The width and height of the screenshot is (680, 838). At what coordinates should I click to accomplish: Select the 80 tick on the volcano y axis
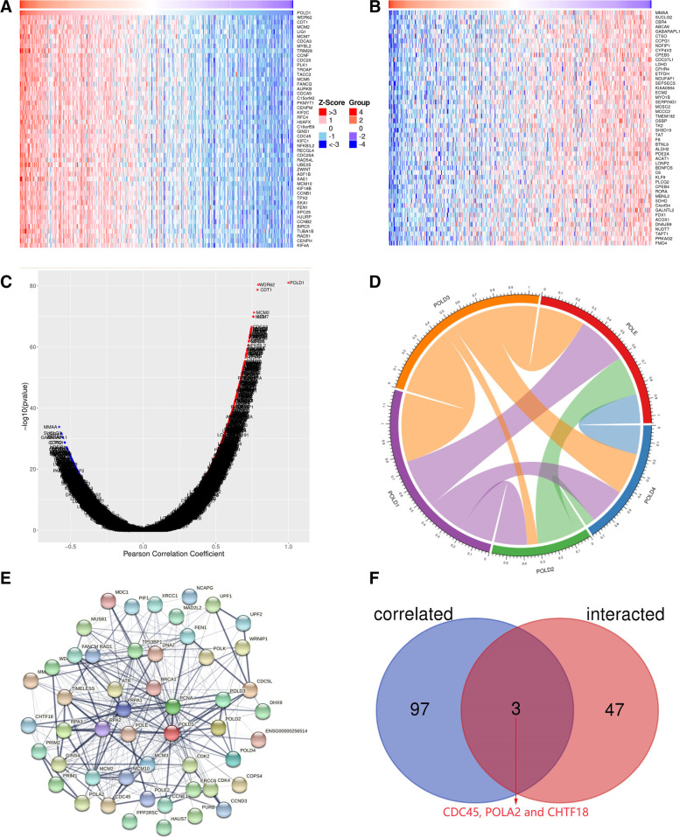coord(32,286)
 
